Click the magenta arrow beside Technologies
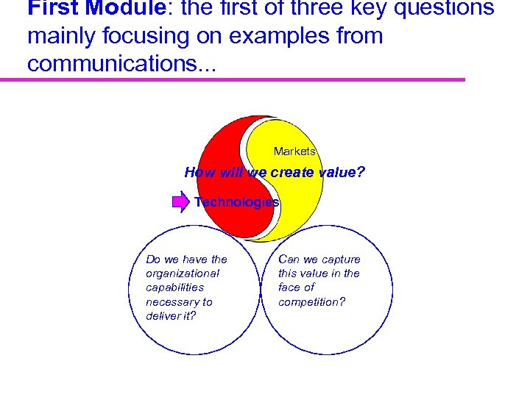pos(180,202)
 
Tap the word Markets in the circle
pos(294,151)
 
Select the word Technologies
pos(236,202)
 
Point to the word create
pos(293,173)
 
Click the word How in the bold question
pos(199,173)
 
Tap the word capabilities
pos(175,287)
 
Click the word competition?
pos(311,301)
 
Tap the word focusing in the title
pos(147,36)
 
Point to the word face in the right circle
pos(290,287)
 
